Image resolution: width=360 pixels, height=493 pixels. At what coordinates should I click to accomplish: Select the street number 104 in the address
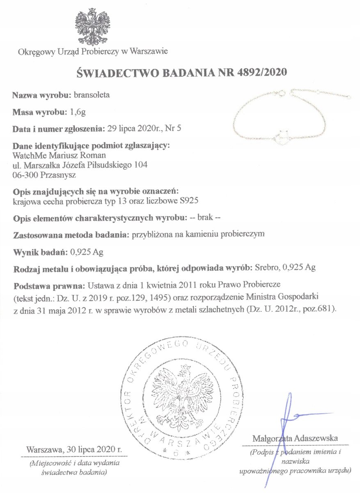coord(140,165)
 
